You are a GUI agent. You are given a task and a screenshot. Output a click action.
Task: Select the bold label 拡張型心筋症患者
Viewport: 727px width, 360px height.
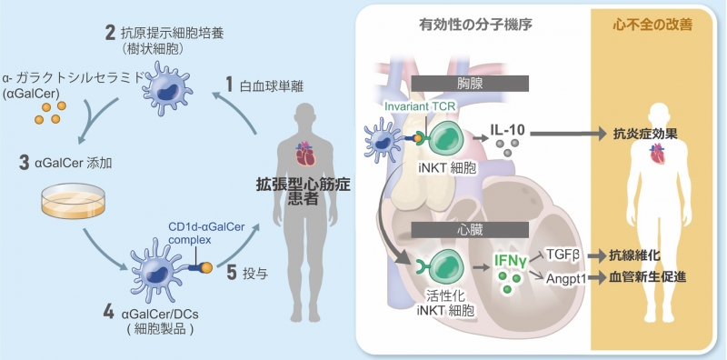click(301, 191)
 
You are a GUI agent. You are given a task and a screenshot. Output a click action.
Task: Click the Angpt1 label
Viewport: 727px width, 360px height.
click(562, 277)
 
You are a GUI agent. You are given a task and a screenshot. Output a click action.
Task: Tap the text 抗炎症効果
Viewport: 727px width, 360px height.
click(649, 133)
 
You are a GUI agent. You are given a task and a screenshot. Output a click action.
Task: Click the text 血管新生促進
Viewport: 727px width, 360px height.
click(649, 277)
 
